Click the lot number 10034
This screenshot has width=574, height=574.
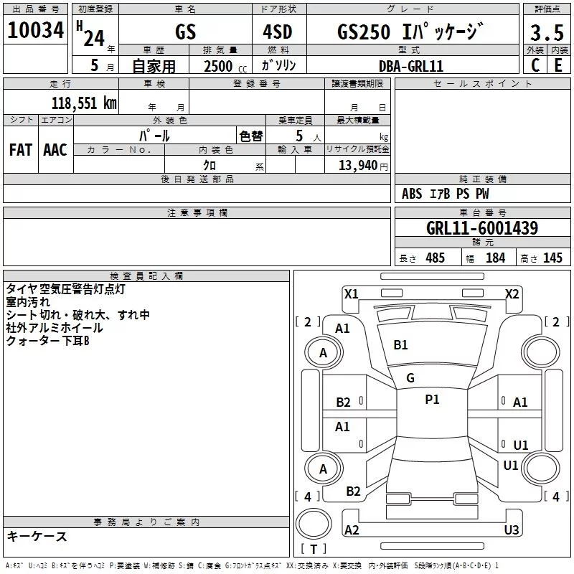coord(35,30)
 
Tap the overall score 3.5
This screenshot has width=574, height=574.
coord(547,32)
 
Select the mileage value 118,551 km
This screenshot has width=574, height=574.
coord(84,103)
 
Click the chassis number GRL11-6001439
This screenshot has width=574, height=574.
coord(482,227)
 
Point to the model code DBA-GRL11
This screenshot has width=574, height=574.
coord(411,66)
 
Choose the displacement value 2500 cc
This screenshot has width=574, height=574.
coord(225,66)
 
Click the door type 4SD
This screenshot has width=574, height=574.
coord(278,32)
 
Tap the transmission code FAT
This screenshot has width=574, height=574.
coord(21,150)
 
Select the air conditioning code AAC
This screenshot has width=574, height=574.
coord(55,150)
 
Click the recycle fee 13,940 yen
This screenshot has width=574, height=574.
coord(363,166)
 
